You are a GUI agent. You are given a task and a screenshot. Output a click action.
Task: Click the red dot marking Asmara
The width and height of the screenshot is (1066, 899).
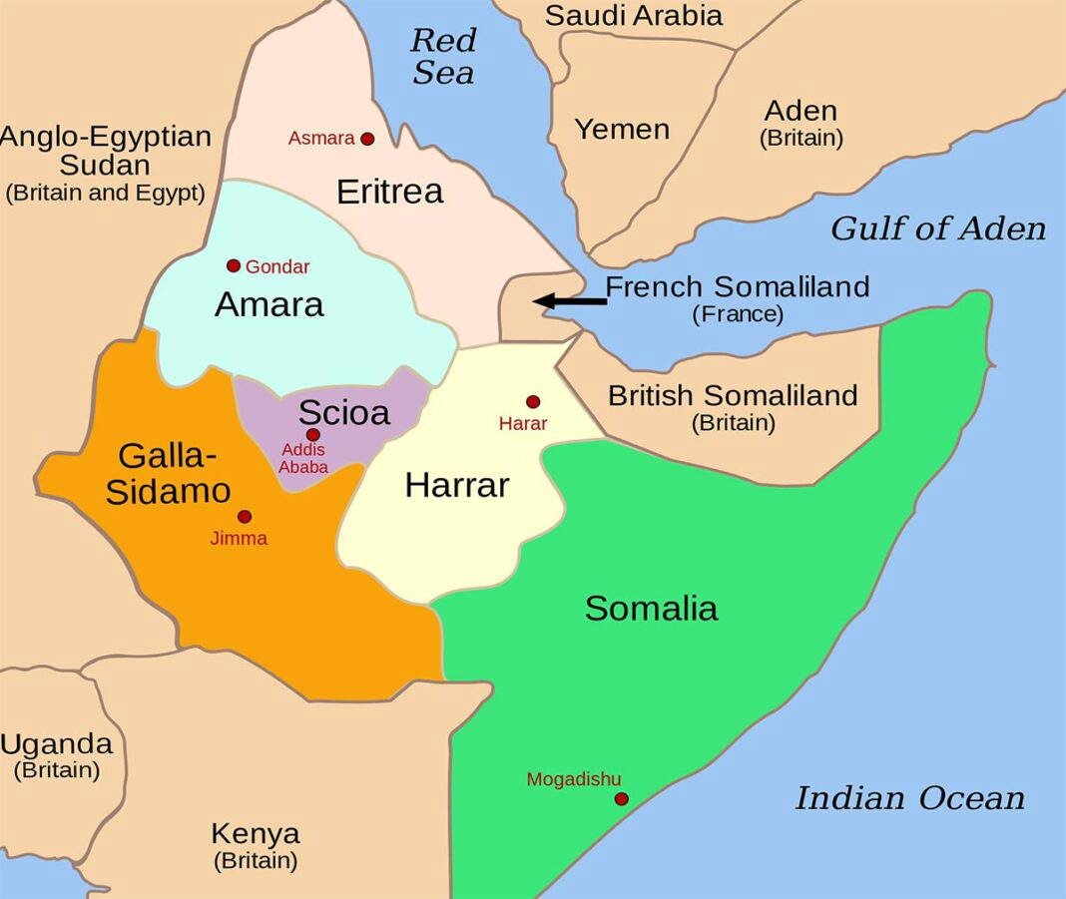click(x=367, y=139)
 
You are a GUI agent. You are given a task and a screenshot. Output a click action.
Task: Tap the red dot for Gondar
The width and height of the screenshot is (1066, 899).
click(x=234, y=265)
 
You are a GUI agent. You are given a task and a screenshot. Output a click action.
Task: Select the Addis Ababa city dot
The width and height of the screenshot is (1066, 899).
click(x=313, y=434)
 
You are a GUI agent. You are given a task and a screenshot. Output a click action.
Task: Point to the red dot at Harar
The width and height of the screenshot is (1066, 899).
click(x=533, y=401)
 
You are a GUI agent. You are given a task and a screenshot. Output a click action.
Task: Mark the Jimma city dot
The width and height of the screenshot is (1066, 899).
click(x=245, y=516)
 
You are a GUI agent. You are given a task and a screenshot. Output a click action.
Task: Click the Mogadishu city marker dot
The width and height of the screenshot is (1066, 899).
click(x=621, y=798)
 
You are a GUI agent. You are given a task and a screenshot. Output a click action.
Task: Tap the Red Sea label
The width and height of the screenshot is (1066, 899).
click(x=442, y=57)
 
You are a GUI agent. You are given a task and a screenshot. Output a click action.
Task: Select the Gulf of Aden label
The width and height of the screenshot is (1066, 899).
click(x=938, y=228)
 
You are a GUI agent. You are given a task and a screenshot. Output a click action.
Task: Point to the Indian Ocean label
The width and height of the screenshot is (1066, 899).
click(x=909, y=798)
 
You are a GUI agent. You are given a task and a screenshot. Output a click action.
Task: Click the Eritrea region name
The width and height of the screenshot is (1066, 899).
click(x=389, y=192)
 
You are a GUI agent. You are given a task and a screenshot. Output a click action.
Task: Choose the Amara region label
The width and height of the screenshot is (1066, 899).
click(x=268, y=304)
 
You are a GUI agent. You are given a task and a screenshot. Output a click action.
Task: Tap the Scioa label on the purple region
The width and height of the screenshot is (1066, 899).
click(x=343, y=411)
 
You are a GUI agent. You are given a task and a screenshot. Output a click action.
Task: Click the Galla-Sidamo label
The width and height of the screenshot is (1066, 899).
click(x=168, y=473)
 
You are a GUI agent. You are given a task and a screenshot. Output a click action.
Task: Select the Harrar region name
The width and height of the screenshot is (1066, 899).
click(x=457, y=485)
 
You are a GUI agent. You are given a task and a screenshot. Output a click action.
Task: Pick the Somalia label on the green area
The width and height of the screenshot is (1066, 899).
click(x=651, y=608)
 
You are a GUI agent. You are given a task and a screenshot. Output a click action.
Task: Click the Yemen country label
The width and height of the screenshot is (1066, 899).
click(x=622, y=129)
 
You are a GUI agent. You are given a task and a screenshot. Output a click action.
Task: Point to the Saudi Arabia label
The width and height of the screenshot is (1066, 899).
click(x=633, y=16)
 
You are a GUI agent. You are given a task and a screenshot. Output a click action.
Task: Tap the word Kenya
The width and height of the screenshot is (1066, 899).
click(x=255, y=833)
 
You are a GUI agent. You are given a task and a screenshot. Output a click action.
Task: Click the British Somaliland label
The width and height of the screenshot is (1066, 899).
click(x=733, y=396)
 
